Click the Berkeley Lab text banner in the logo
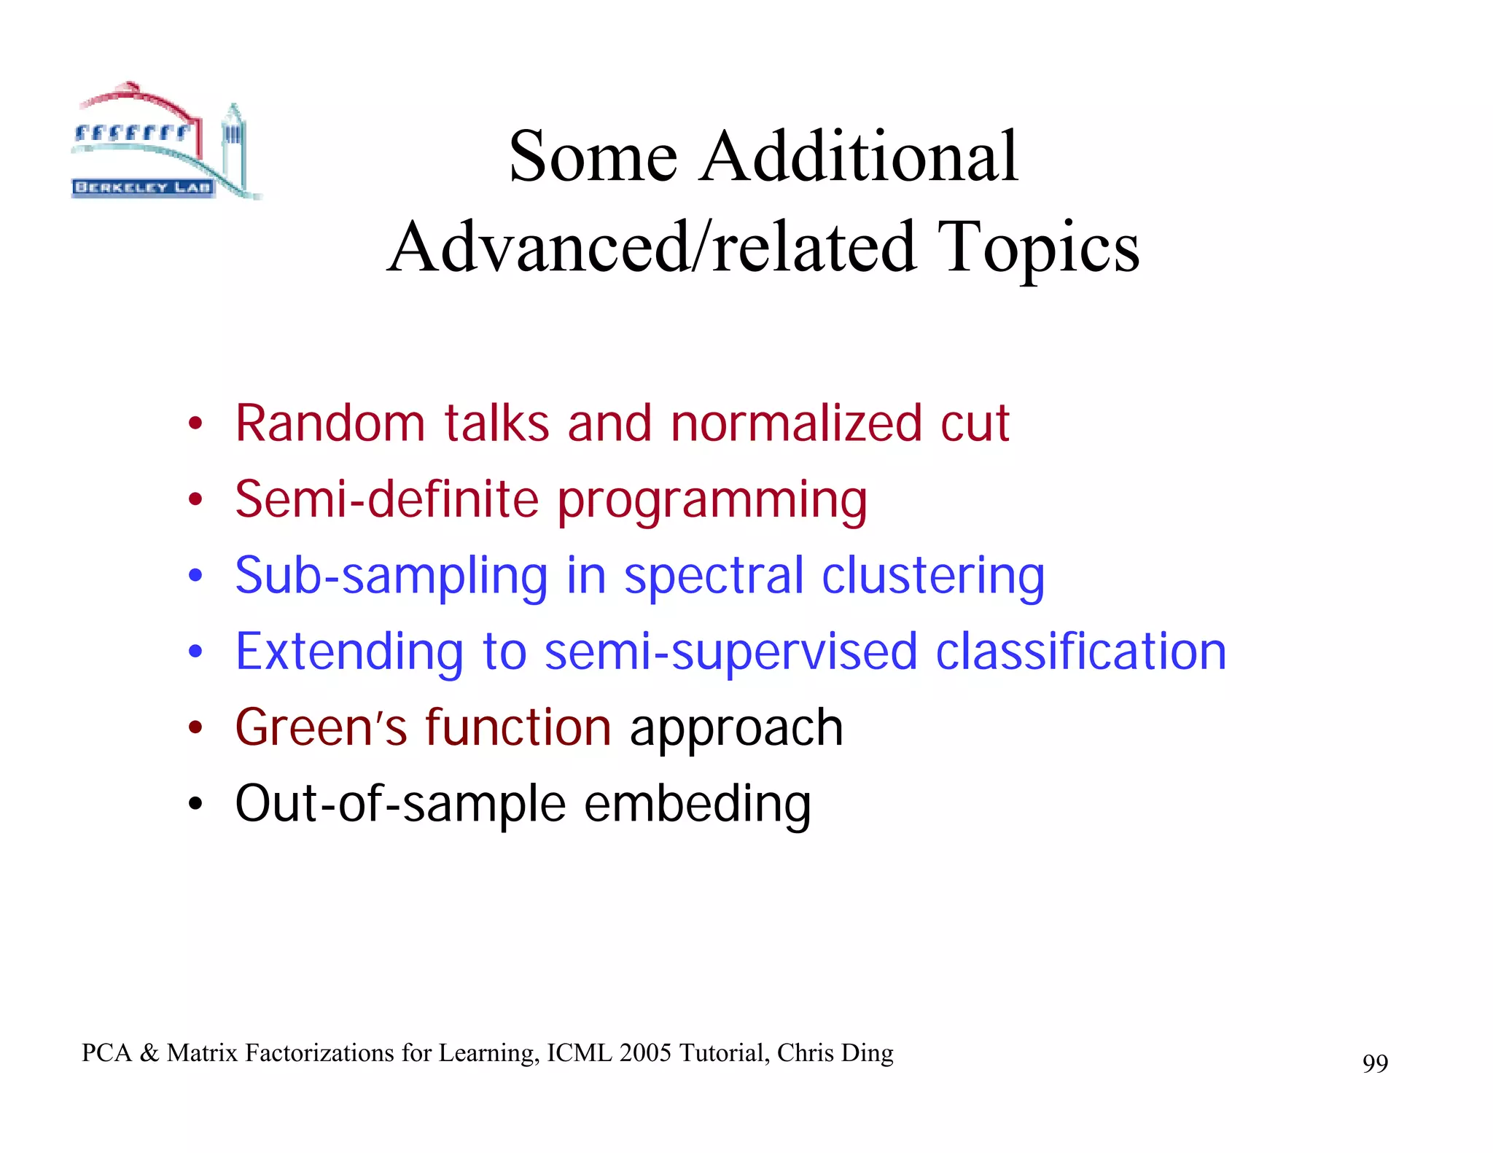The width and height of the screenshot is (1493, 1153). (x=143, y=187)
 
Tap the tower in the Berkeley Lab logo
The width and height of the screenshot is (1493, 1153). (x=233, y=146)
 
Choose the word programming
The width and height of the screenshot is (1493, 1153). (x=712, y=502)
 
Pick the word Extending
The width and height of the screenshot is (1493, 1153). (x=349, y=653)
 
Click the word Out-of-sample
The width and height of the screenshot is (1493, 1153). (x=400, y=805)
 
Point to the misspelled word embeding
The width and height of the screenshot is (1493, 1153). (x=697, y=805)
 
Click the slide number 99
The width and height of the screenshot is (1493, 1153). (x=1374, y=1063)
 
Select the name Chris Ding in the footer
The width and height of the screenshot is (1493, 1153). (x=835, y=1053)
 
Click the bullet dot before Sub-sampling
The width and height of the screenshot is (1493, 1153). (x=195, y=576)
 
